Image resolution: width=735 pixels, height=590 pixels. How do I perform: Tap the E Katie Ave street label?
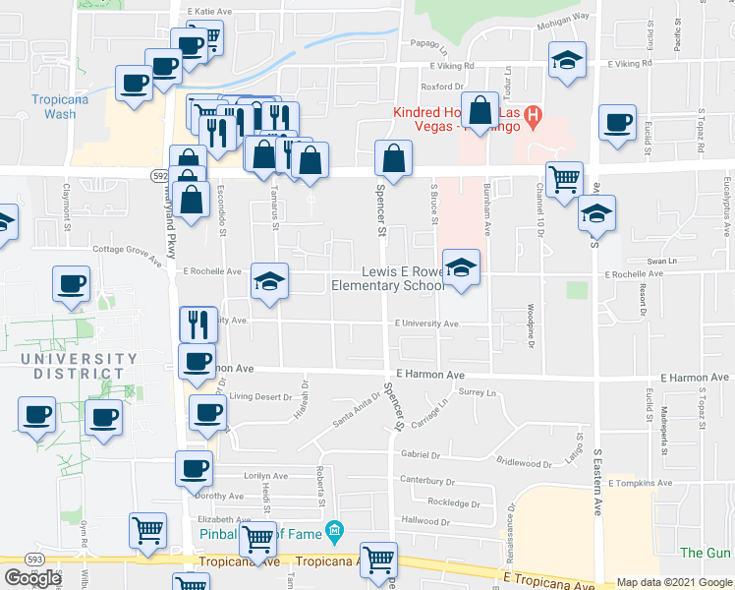208,12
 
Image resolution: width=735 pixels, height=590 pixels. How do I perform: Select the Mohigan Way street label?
568,16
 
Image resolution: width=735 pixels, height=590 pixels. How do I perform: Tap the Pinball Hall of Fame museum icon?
336,532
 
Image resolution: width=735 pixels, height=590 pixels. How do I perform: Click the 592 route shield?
160,174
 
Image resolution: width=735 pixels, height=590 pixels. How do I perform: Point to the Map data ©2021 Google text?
674,582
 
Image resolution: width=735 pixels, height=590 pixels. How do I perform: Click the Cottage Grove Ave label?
127,251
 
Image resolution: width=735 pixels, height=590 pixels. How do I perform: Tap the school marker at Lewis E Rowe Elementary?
461,267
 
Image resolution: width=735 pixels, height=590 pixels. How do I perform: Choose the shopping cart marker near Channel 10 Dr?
564,179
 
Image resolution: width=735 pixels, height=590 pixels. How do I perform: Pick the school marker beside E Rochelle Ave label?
269,281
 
